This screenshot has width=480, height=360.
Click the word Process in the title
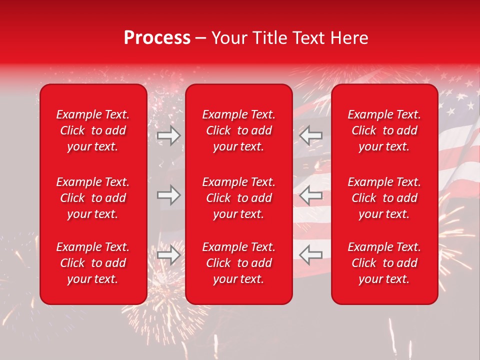coord(157,38)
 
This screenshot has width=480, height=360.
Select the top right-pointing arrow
coord(168,135)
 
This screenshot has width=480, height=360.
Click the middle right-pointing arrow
coord(168,195)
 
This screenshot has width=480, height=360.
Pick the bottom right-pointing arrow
coord(168,255)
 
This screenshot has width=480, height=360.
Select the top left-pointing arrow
coord(311,135)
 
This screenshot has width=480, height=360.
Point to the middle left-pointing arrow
coord(311,195)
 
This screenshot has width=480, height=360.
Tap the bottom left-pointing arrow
coord(311,255)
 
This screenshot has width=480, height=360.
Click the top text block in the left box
coord(93,130)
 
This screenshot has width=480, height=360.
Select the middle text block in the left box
coord(93,198)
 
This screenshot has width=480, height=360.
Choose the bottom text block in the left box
coord(93,263)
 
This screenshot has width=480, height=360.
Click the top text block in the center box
coord(238,130)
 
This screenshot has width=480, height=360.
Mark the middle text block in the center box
coord(238,198)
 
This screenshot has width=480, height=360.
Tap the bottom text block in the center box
coord(238,263)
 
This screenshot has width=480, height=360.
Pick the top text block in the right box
coord(384,130)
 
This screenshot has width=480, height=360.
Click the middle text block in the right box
coord(384,198)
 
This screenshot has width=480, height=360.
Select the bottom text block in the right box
coord(384,263)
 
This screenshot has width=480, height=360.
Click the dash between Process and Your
coord(200,38)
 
